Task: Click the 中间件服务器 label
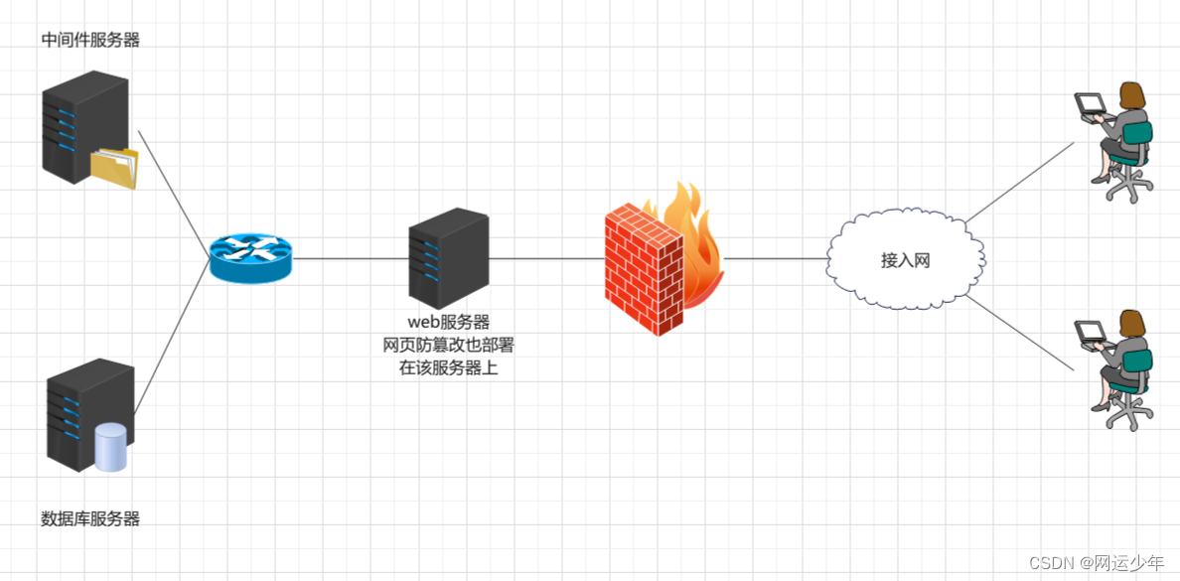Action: point(90,40)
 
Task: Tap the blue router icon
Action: point(251,258)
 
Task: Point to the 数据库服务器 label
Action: point(90,518)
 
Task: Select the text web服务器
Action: point(448,322)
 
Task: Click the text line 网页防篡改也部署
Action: point(448,345)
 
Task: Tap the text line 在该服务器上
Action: point(448,367)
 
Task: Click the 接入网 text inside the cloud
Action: point(905,260)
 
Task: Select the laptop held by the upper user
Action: point(1091,103)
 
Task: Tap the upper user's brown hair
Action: point(1132,95)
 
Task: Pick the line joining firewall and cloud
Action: point(775,258)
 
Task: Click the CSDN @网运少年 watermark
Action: point(1099,563)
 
